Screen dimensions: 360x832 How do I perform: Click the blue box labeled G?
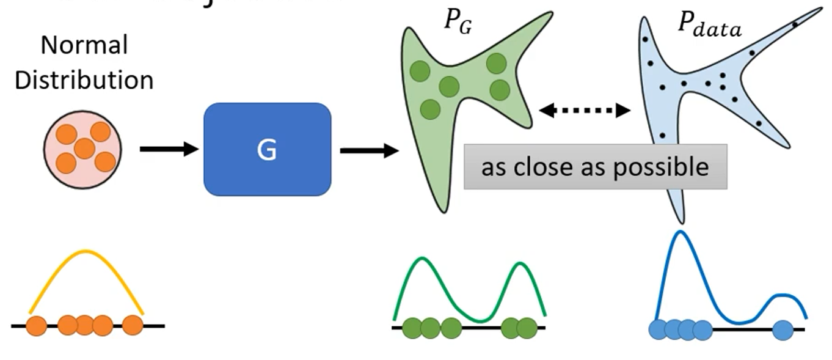point(267,149)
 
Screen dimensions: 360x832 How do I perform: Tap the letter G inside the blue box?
point(267,150)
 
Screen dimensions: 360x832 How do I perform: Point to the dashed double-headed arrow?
point(585,111)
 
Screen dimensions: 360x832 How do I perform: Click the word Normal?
point(84,46)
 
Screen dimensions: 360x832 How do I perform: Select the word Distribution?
point(84,80)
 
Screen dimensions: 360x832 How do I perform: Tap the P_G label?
point(457,24)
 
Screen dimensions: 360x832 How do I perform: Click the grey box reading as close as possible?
point(595,167)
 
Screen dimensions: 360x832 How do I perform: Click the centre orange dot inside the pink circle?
point(84,149)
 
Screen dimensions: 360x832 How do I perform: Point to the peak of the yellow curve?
point(86,251)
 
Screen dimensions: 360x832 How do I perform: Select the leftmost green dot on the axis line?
point(412,328)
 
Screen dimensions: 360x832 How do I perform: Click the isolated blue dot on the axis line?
point(783,330)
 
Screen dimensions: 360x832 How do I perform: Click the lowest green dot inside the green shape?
point(430,109)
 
